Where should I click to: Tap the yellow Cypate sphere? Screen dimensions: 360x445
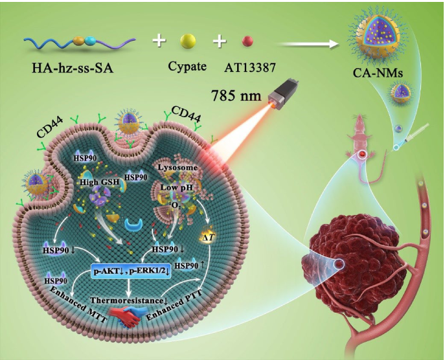(x=188, y=41)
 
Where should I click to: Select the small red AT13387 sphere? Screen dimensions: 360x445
(x=247, y=41)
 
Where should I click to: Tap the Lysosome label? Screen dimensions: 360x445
(x=177, y=168)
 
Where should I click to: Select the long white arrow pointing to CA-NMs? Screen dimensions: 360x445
(x=305, y=44)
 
